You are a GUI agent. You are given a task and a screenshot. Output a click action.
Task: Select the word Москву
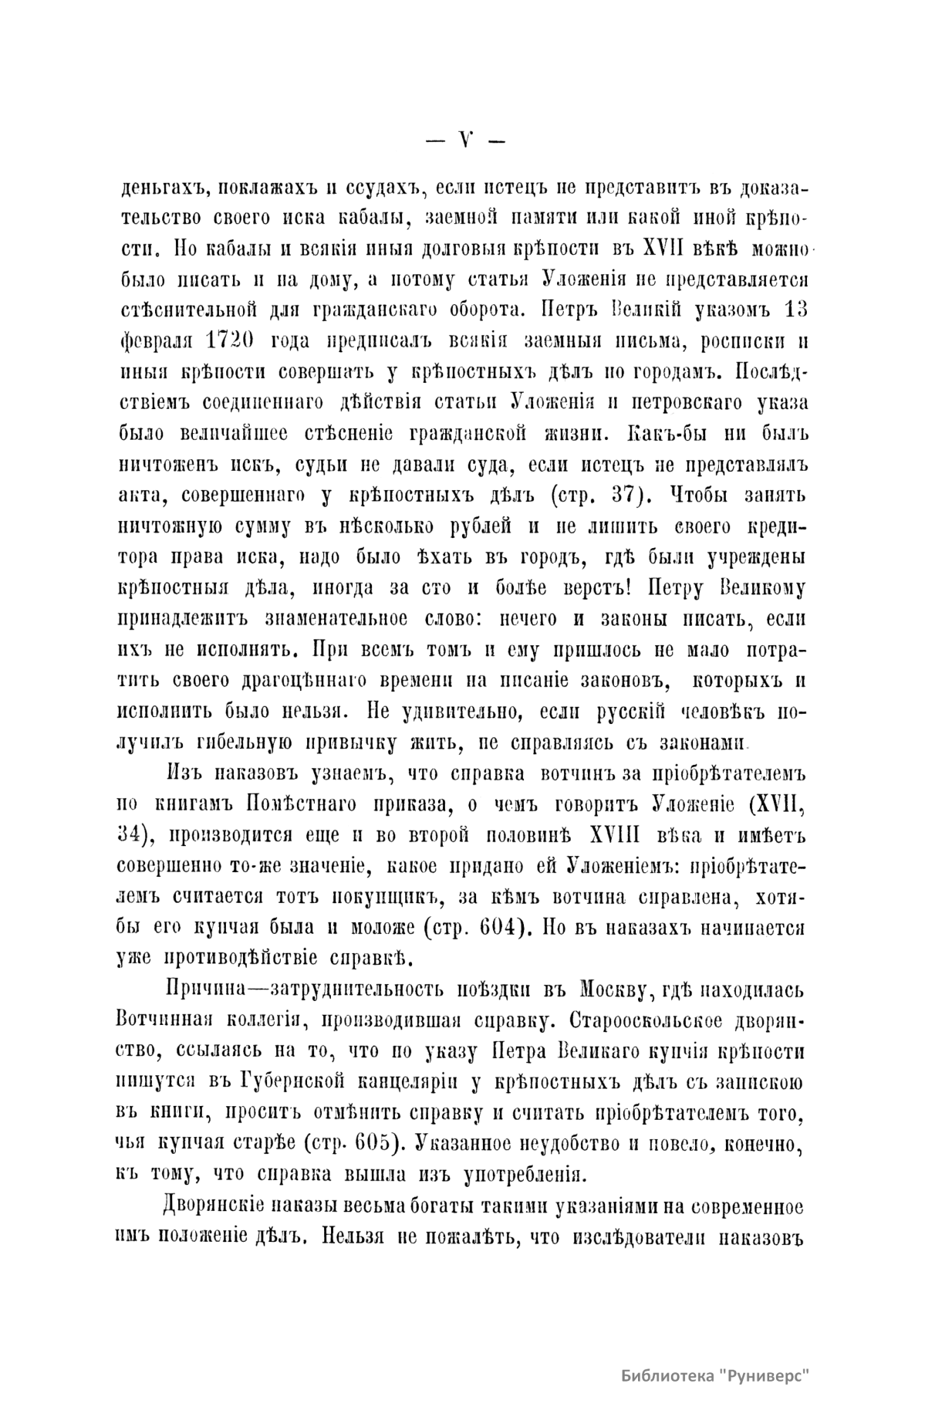[x=622, y=989]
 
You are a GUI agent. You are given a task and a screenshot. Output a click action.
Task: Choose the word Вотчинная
[x=164, y=1020]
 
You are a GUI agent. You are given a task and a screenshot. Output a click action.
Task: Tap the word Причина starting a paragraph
[x=198, y=989]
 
